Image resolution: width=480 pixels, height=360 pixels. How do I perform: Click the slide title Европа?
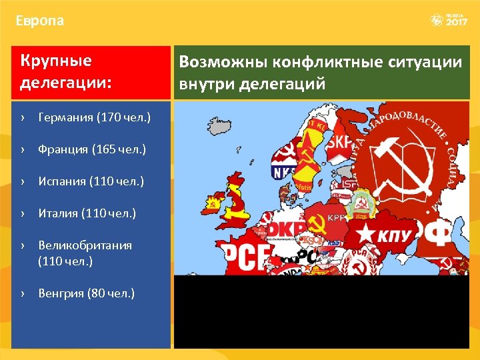[40, 21]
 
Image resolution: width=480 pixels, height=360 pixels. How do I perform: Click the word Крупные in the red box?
[56, 61]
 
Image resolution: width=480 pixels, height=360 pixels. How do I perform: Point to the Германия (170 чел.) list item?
[94, 118]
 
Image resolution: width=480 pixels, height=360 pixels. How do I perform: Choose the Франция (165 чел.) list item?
[92, 150]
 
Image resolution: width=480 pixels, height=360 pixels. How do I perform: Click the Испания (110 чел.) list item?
[91, 181]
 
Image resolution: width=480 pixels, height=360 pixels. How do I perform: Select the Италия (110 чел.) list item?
[87, 213]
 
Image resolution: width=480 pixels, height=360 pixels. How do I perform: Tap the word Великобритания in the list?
[85, 245]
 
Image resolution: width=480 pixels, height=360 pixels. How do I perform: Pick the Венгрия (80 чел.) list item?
[86, 293]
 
